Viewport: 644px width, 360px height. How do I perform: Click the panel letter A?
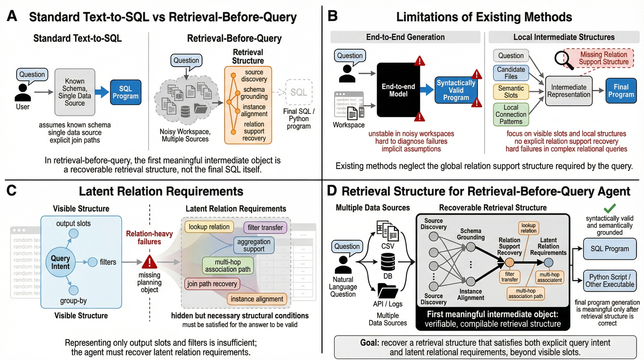pyautogui.click(x=12, y=16)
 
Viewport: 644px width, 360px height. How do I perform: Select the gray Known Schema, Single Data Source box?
pyautogui.click(x=75, y=92)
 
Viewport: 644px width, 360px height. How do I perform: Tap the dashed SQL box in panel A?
pyautogui.click(x=299, y=92)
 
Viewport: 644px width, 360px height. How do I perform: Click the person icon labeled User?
pyautogui.click(x=23, y=93)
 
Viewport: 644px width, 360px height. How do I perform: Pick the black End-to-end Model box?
pyautogui.click(x=398, y=90)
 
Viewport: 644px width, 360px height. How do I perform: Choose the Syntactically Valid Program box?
pyautogui.click(x=456, y=90)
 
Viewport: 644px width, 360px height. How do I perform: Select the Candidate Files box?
pyautogui.click(x=511, y=73)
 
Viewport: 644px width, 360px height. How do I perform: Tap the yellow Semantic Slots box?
pyautogui.click(x=511, y=92)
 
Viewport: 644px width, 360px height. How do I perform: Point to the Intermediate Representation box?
pyautogui.click(x=569, y=91)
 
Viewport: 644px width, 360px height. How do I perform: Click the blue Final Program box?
pyautogui.click(x=621, y=91)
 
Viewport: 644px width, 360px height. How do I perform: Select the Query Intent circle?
pyautogui.click(x=60, y=262)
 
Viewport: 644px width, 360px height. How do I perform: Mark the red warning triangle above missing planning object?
pyautogui.click(x=149, y=262)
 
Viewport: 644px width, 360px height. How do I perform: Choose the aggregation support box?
pyautogui.click(x=254, y=245)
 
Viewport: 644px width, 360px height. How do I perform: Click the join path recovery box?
pyautogui.click(x=212, y=284)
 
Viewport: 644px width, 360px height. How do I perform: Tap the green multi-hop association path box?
pyautogui.click(x=228, y=266)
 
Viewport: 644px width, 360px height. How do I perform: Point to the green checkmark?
pyautogui.click(x=610, y=208)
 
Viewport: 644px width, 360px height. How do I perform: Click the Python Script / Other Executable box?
pyautogui.click(x=610, y=281)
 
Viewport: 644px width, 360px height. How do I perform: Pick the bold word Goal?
pyautogui.click(x=369, y=343)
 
